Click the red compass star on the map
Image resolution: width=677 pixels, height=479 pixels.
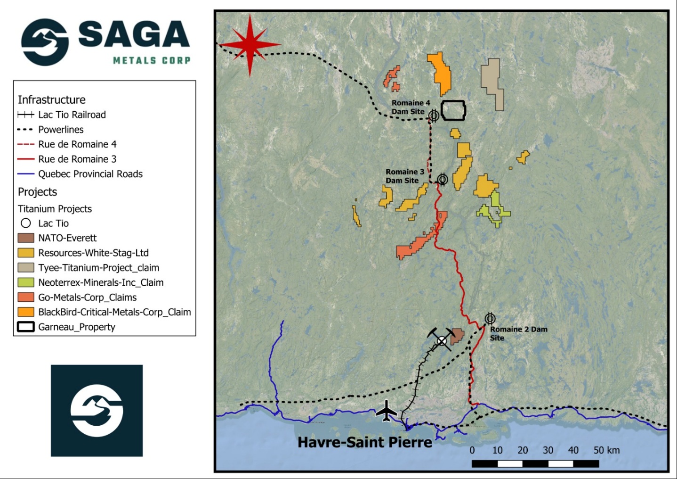(x=250, y=45)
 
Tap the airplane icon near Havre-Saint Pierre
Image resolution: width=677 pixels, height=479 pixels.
(x=387, y=411)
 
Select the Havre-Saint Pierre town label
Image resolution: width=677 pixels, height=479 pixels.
(x=364, y=442)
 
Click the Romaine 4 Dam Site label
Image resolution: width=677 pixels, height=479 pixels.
(x=410, y=107)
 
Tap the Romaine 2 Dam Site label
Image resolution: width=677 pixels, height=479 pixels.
(x=518, y=333)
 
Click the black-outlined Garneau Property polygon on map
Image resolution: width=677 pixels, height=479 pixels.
(x=453, y=110)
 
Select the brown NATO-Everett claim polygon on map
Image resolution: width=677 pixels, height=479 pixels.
(x=457, y=336)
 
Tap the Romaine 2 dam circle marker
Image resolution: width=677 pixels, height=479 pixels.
(x=490, y=318)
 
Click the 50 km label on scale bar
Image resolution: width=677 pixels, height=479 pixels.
(x=606, y=450)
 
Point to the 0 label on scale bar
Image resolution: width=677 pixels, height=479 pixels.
(x=472, y=450)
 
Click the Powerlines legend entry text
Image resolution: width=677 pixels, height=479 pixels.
(x=61, y=130)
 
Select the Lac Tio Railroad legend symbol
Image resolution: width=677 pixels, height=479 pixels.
(x=25, y=115)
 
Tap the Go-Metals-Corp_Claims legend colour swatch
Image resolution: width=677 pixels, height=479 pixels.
(x=26, y=297)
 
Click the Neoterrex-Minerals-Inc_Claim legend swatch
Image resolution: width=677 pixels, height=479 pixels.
(x=26, y=282)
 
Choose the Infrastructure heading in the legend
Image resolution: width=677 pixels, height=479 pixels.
(x=52, y=100)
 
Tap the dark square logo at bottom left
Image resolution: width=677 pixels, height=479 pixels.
(x=97, y=410)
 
